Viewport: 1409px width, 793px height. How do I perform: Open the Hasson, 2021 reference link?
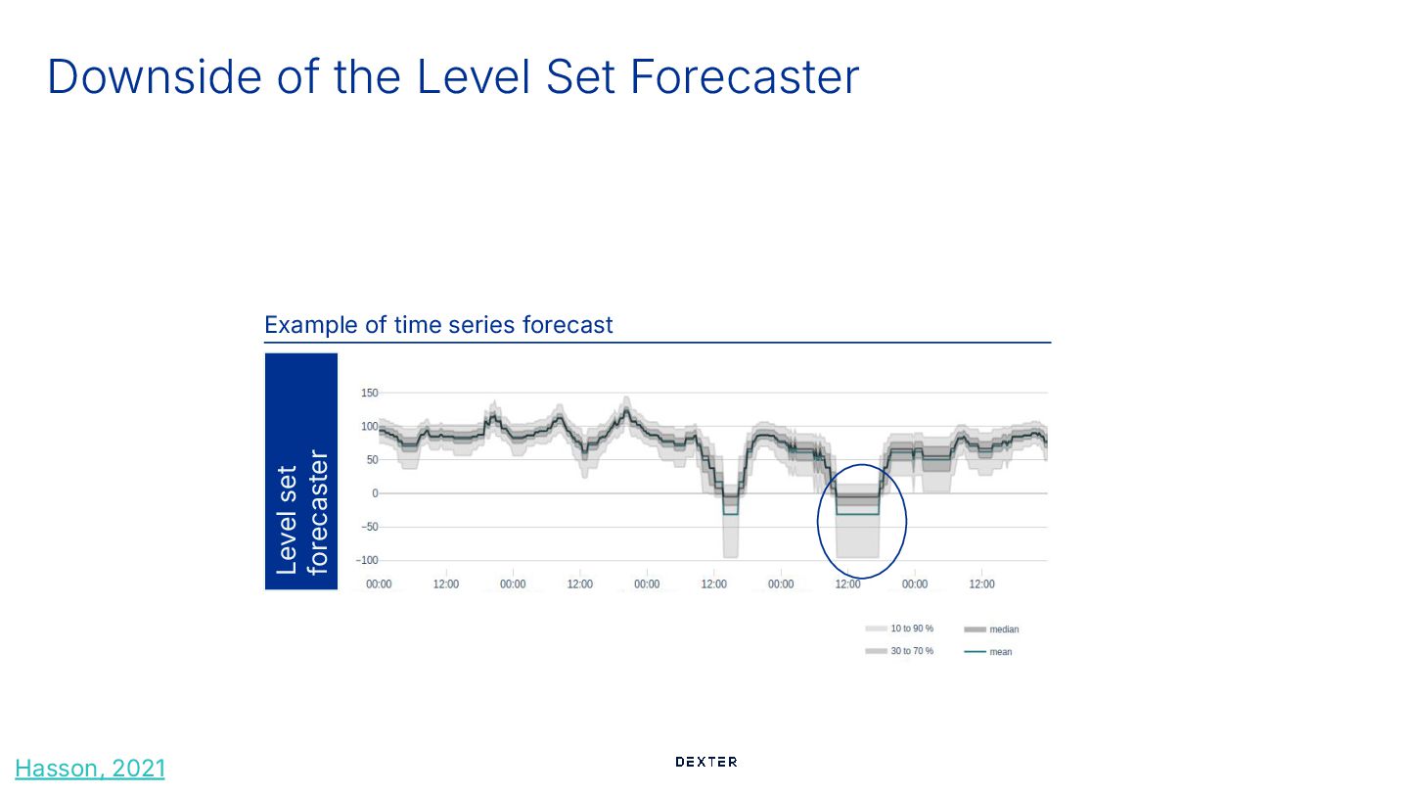[91, 769]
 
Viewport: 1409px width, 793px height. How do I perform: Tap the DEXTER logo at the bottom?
[705, 762]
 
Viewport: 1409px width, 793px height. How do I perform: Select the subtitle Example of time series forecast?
[438, 324]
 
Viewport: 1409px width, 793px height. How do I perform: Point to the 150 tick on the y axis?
[369, 394]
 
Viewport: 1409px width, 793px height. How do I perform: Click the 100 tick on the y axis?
[369, 427]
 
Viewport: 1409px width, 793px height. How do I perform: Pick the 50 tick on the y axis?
[371, 460]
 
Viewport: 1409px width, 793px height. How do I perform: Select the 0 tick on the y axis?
[374, 493]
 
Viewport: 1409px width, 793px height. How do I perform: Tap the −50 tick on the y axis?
[368, 527]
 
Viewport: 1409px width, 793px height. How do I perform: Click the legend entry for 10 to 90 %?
[911, 629]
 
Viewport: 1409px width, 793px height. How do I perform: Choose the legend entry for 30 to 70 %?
[911, 651]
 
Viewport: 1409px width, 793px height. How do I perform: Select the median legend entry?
[1004, 630]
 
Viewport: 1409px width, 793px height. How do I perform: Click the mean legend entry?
[1000, 652]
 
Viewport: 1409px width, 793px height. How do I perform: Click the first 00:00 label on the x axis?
[379, 584]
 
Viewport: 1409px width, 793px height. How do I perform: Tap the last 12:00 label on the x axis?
[981, 584]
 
